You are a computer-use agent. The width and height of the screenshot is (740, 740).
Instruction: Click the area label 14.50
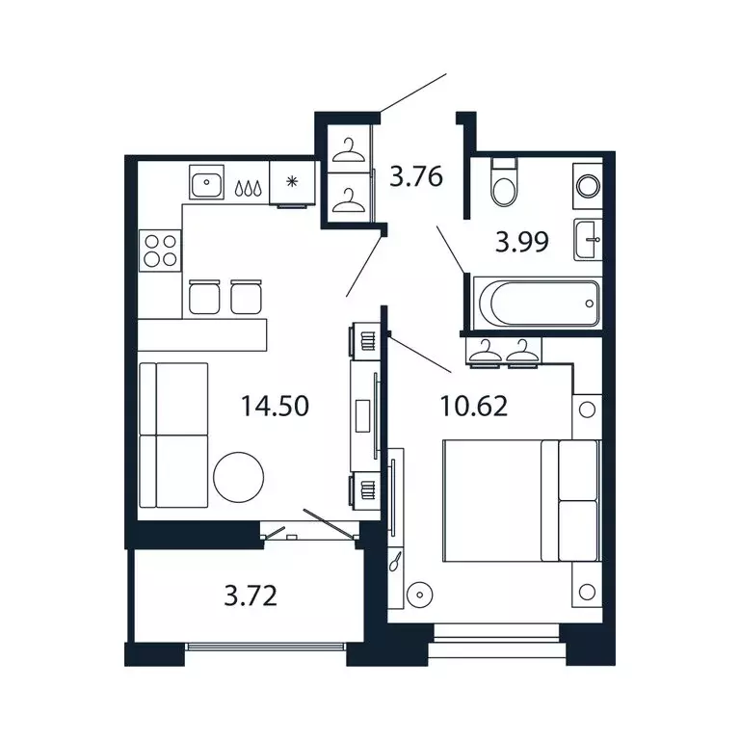(276, 406)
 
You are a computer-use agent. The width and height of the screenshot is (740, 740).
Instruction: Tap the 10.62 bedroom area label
(474, 406)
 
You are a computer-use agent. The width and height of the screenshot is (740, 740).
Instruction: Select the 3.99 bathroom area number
(522, 242)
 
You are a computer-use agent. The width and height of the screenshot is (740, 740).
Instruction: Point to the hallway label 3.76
(416, 176)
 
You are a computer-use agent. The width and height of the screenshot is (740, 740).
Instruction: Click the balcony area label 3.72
(251, 595)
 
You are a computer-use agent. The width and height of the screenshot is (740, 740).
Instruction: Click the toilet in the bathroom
(504, 184)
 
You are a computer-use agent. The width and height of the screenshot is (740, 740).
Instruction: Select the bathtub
(538, 303)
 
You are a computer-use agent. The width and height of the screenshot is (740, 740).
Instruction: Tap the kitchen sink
(206, 182)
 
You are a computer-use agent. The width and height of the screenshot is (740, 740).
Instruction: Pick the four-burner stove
(160, 251)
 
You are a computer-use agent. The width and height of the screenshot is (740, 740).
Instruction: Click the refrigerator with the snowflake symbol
(292, 183)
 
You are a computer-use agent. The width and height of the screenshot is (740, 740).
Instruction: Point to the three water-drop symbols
(248, 188)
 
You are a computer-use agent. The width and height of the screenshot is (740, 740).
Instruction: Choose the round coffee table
(238, 477)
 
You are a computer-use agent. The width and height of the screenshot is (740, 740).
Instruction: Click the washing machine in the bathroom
(588, 186)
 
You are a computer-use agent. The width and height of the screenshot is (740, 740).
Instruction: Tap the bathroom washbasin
(588, 239)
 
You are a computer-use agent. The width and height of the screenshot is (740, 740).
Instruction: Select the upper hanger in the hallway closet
(348, 150)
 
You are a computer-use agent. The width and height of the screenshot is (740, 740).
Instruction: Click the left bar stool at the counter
(204, 297)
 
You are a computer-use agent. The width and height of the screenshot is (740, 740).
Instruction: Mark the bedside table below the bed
(587, 584)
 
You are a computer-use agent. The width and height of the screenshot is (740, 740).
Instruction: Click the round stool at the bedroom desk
(419, 595)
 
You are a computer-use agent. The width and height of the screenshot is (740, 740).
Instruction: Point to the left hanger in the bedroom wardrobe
(486, 352)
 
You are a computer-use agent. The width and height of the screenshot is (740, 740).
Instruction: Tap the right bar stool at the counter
(246, 297)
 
